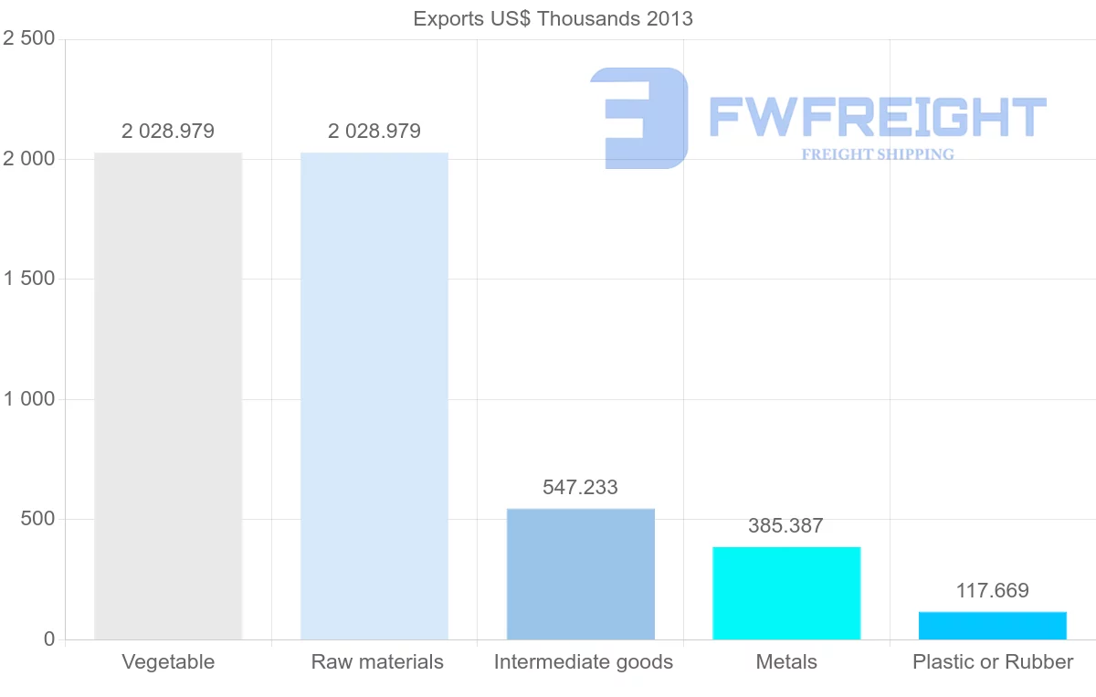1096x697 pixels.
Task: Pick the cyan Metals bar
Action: point(786,593)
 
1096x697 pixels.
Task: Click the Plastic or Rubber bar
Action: point(993,626)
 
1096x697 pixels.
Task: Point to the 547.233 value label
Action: point(581,488)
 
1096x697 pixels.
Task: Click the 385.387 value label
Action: point(785,526)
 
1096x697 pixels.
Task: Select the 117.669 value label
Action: point(992,591)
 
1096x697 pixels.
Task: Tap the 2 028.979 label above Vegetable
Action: point(168,132)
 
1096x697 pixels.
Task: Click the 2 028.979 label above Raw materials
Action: point(374,132)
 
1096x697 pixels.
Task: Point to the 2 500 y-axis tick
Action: point(29,38)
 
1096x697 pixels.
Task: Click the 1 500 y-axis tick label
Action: point(29,279)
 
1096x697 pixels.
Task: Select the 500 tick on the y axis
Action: point(37,519)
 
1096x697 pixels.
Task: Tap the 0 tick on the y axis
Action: point(49,639)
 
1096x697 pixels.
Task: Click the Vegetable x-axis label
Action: point(168,662)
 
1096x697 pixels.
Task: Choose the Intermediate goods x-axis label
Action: point(584,662)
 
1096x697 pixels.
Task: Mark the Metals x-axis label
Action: point(786,662)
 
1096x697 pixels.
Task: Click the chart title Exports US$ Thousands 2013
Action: point(553,18)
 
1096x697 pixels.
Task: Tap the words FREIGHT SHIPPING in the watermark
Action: point(878,154)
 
